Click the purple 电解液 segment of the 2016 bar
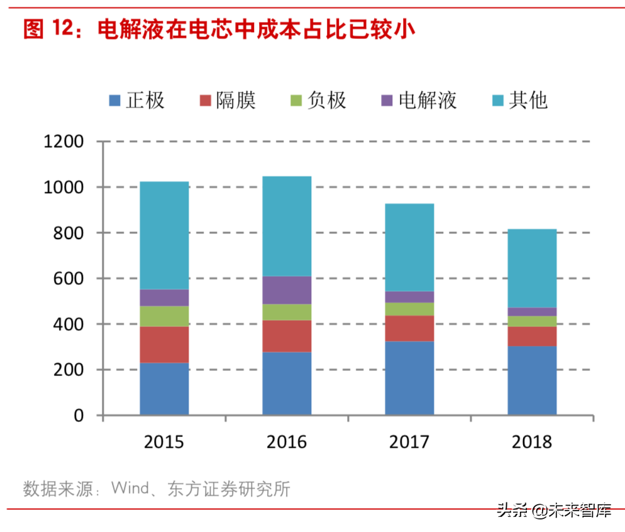pyautogui.click(x=287, y=290)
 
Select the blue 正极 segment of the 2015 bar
pyautogui.click(x=164, y=389)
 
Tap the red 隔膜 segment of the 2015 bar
pyautogui.click(x=164, y=345)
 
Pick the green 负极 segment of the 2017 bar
pyautogui.click(x=409, y=309)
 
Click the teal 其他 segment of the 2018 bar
pyautogui.click(x=532, y=268)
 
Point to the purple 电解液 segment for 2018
pyautogui.click(x=532, y=312)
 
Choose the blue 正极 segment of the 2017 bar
pyautogui.click(x=409, y=378)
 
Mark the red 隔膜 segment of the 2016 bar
pyautogui.click(x=287, y=336)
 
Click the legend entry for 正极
pyautogui.click(x=136, y=99)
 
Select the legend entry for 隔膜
pyautogui.click(x=227, y=99)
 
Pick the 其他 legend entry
pyautogui.click(x=519, y=99)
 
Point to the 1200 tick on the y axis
pyautogui.click(x=64, y=141)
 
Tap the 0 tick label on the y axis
pyautogui.click(x=79, y=416)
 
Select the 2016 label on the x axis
pyautogui.click(x=287, y=442)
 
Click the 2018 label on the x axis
pyautogui.click(x=532, y=442)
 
